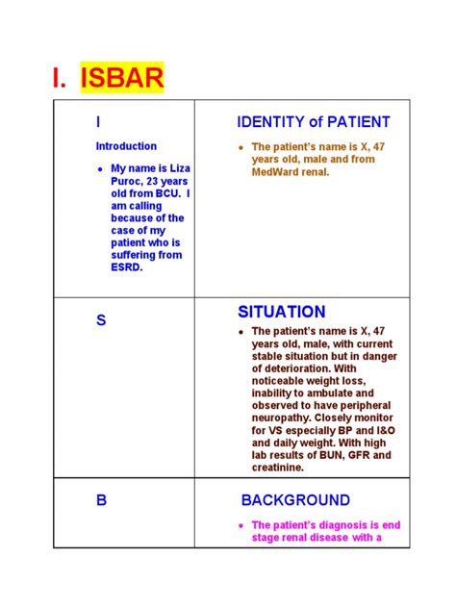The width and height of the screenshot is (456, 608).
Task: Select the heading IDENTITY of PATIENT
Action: [313, 122]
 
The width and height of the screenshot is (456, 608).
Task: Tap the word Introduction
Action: [126, 146]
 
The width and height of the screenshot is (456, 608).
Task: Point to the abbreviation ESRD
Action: [127, 267]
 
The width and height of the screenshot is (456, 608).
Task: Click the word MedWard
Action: [276, 171]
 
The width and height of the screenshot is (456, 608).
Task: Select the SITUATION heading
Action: [281, 312]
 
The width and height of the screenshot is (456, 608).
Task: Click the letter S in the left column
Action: [100, 320]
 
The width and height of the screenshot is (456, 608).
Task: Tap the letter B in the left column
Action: [100, 501]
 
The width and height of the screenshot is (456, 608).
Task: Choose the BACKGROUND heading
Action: [294, 500]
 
